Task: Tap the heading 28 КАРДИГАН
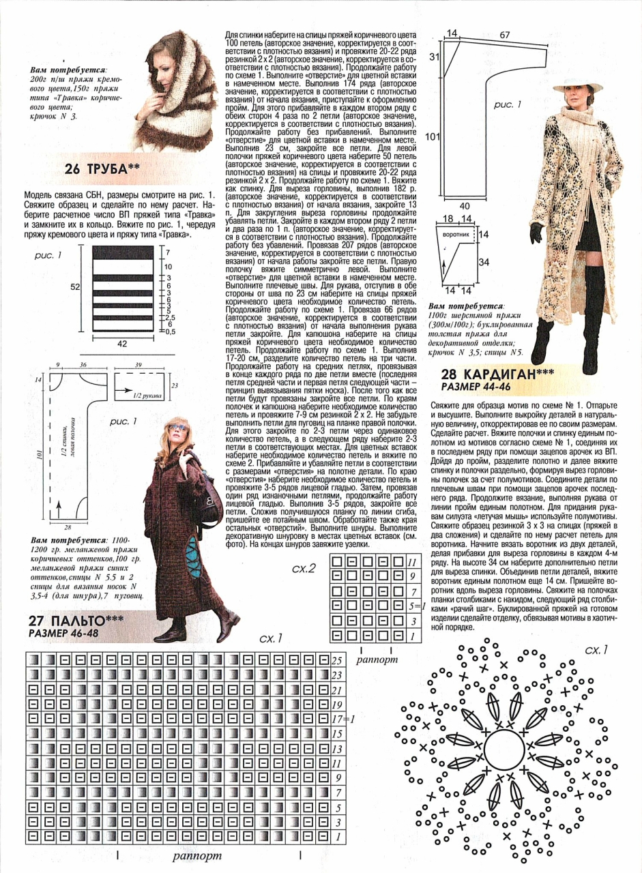(497, 374)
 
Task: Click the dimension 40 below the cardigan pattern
(464, 205)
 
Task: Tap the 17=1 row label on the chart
(339, 719)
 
